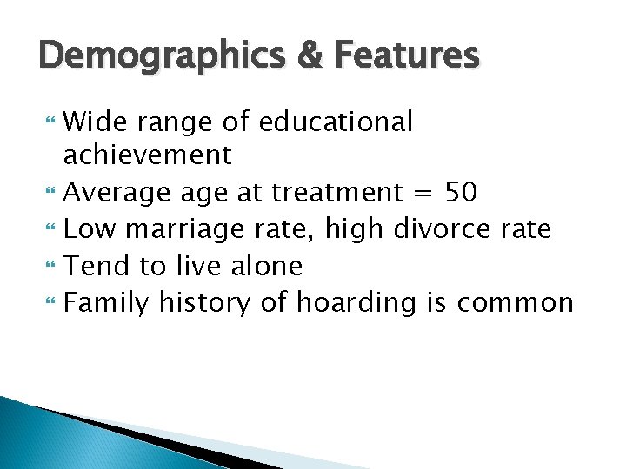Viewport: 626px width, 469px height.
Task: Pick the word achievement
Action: [x=148, y=155]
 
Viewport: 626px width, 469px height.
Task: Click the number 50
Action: [x=460, y=192]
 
